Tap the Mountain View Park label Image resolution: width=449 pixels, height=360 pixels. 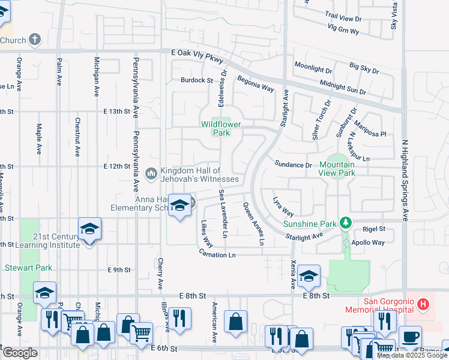[337, 169]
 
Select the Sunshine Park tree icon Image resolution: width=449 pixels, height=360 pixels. [345, 224]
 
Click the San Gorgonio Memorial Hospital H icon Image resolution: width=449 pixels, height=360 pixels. [424, 304]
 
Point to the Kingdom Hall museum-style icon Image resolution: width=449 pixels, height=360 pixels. [151, 174]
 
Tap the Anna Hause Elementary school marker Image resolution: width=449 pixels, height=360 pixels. [178, 206]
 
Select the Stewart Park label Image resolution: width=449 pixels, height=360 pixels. [28, 268]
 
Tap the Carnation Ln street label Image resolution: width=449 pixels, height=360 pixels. [218, 254]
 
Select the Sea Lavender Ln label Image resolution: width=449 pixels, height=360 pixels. [223, 214]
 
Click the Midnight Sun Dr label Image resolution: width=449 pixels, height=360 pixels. [342, 86]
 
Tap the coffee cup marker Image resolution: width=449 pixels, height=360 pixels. [411, 337]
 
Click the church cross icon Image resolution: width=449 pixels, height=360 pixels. [35, 40]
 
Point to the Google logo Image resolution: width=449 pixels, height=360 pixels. [20, 353]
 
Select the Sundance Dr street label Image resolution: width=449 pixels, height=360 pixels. [294, 164]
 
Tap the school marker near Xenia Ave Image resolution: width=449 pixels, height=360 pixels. [309, 276]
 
